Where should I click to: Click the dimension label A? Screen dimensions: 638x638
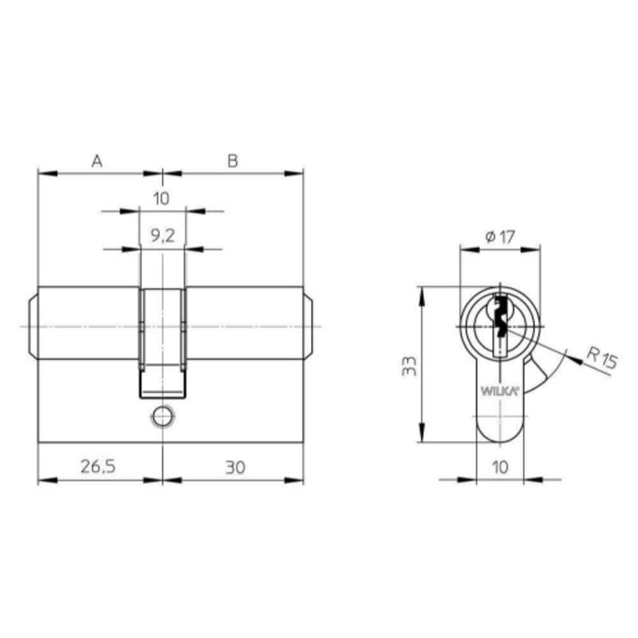click(96, 161)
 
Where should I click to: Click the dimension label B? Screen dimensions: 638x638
click(232, 161)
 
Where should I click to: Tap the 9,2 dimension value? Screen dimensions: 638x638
click(163, 235)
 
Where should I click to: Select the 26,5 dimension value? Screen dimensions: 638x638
click(98, 467)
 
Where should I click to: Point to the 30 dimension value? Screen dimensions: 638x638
click(235, 467)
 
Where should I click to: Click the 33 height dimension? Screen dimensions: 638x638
click(409, 366)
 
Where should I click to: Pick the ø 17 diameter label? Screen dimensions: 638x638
click(500, 236)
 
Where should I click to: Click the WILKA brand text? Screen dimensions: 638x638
click(500, 391)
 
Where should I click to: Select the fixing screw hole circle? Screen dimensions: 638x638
click(163, 416)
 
